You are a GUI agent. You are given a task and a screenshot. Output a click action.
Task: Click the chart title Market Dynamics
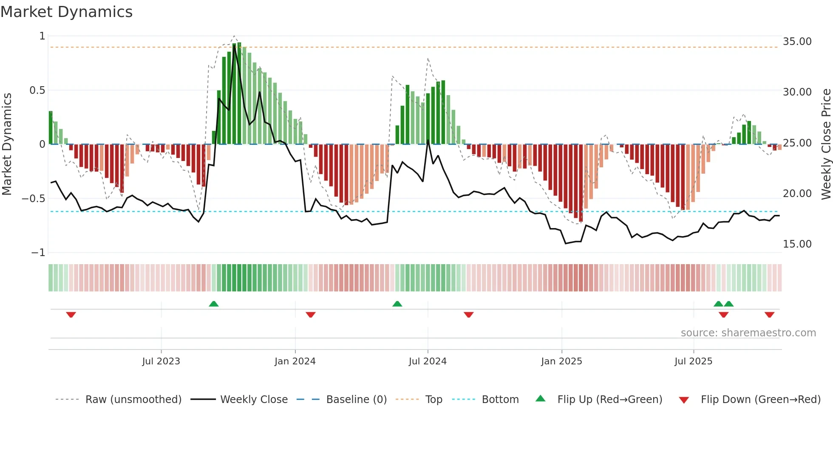click(x=66, y=12)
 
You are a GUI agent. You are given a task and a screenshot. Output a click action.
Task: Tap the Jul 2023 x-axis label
click(x=161, y=361)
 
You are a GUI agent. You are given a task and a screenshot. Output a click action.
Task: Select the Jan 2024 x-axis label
click(x=295, y=361)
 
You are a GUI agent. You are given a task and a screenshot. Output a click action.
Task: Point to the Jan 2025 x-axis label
click(x=561, y=361)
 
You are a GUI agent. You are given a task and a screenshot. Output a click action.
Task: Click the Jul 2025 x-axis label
click(x=693, y=361)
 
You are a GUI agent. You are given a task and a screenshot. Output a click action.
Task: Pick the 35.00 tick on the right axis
click(x=797, y=42)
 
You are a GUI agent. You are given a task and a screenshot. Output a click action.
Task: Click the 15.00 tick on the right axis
click(x=797, y=244)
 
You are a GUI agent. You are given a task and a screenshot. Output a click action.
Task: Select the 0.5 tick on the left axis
click(x=37, y=90)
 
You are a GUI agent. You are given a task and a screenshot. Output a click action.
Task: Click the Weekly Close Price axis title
click(x=826, y=144)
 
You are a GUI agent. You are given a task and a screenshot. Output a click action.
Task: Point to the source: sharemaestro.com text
click(x=748, y=333)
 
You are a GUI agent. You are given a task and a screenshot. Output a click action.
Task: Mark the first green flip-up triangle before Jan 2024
click(x=214, y=304)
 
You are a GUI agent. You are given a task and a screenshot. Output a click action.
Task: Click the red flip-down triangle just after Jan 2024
click(x=311, y=315)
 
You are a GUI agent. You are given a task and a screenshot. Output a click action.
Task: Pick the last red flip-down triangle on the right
click(x=769, y=315)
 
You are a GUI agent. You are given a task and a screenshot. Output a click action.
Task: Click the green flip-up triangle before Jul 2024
click(x=397, y=304)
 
